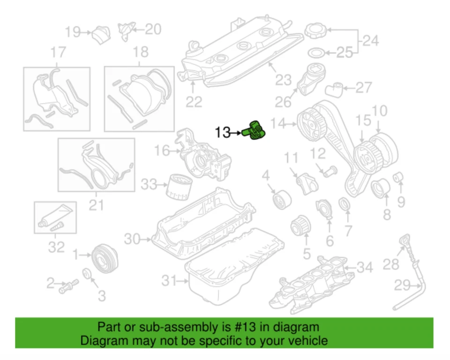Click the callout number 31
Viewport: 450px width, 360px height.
click(168, 281)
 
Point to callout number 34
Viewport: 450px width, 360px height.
click(366, 268)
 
